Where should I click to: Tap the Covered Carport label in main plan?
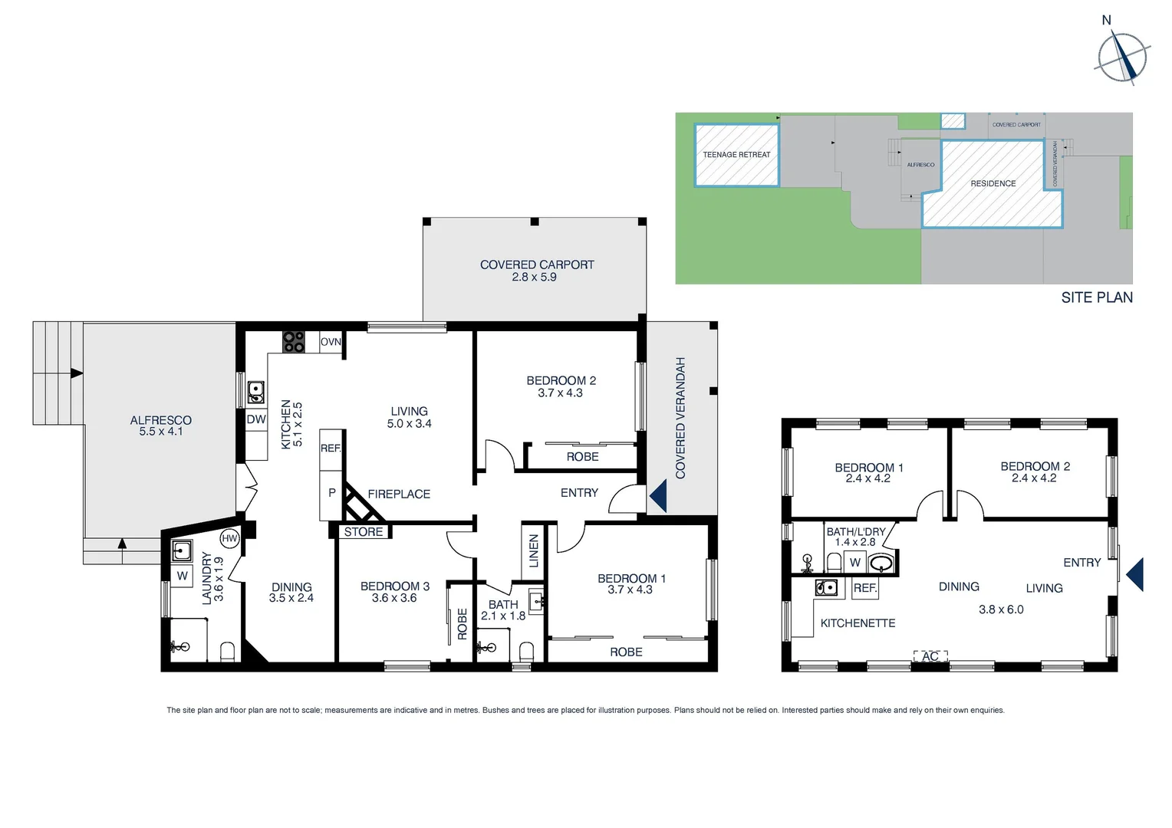pyautogui.click(x=537, y=265)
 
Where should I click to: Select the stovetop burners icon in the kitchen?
pyautogui.click(x=294, y=342)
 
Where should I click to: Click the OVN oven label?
pyautogui.click(x=331, y=342)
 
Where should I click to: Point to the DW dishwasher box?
pyautogui.click(x=256, y=419)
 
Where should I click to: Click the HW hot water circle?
pyautogui.click(x=229, y=539)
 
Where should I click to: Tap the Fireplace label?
pyautogui.click(x=399, y=495)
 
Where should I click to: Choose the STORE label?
pyautogui.click(x=364, y=532)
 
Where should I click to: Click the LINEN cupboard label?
pyautogui.click(x=534, y=550)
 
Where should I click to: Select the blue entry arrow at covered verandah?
pyautogui.click(x=658, y=496)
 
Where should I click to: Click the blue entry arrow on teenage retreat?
pyautogui.click(x=1134, y=574)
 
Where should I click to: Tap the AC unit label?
pyautogui.click(x=930, y=657)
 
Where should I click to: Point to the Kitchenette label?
pyautogui.click(x=858, y=623)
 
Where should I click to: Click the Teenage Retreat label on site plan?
pyautogui.click(x=736, y=155)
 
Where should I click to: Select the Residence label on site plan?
pyautogui.click(x=993, y=184)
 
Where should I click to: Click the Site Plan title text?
pyautogui.click(x=1097, y=297)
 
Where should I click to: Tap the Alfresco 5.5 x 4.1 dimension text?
pyautogui.click(x=161, y=432)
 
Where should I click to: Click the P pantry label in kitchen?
pyautogui.click(x=331, y=493)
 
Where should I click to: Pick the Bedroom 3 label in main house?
pyautogui.click(x=394, y=586)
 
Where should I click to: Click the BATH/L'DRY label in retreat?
pyautogui.click(x=856, y=531)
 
